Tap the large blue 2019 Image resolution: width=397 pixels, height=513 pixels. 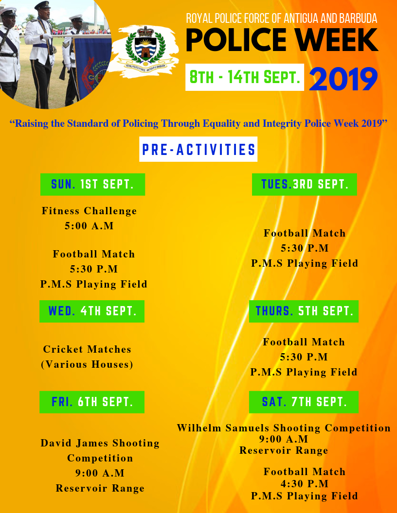point(343,79)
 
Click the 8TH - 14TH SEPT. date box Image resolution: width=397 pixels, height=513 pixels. point(245,77)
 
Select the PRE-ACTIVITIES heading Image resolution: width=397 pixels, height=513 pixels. point(198,150)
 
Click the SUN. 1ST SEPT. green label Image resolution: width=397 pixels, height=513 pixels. point(92,185)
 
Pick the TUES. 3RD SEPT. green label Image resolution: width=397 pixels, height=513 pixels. point(305,185)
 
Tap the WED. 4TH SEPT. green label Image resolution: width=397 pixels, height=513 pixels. point(92,311)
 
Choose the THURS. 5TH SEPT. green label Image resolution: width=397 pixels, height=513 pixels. point(304,311)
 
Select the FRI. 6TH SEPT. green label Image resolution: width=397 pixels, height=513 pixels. point(92,402)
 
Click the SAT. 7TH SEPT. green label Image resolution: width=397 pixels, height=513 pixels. point(304,402)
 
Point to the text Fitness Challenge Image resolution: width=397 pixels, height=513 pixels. point(90,211)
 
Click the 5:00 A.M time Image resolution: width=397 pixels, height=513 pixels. point(90,226)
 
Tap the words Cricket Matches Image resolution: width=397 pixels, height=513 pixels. point(88,349)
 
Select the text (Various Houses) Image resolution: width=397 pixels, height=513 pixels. point(87,364)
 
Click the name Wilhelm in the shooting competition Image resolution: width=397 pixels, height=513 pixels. point(200,428)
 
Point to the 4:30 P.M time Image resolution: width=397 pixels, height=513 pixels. point(305,484)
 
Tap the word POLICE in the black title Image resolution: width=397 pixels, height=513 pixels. point(236,40)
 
